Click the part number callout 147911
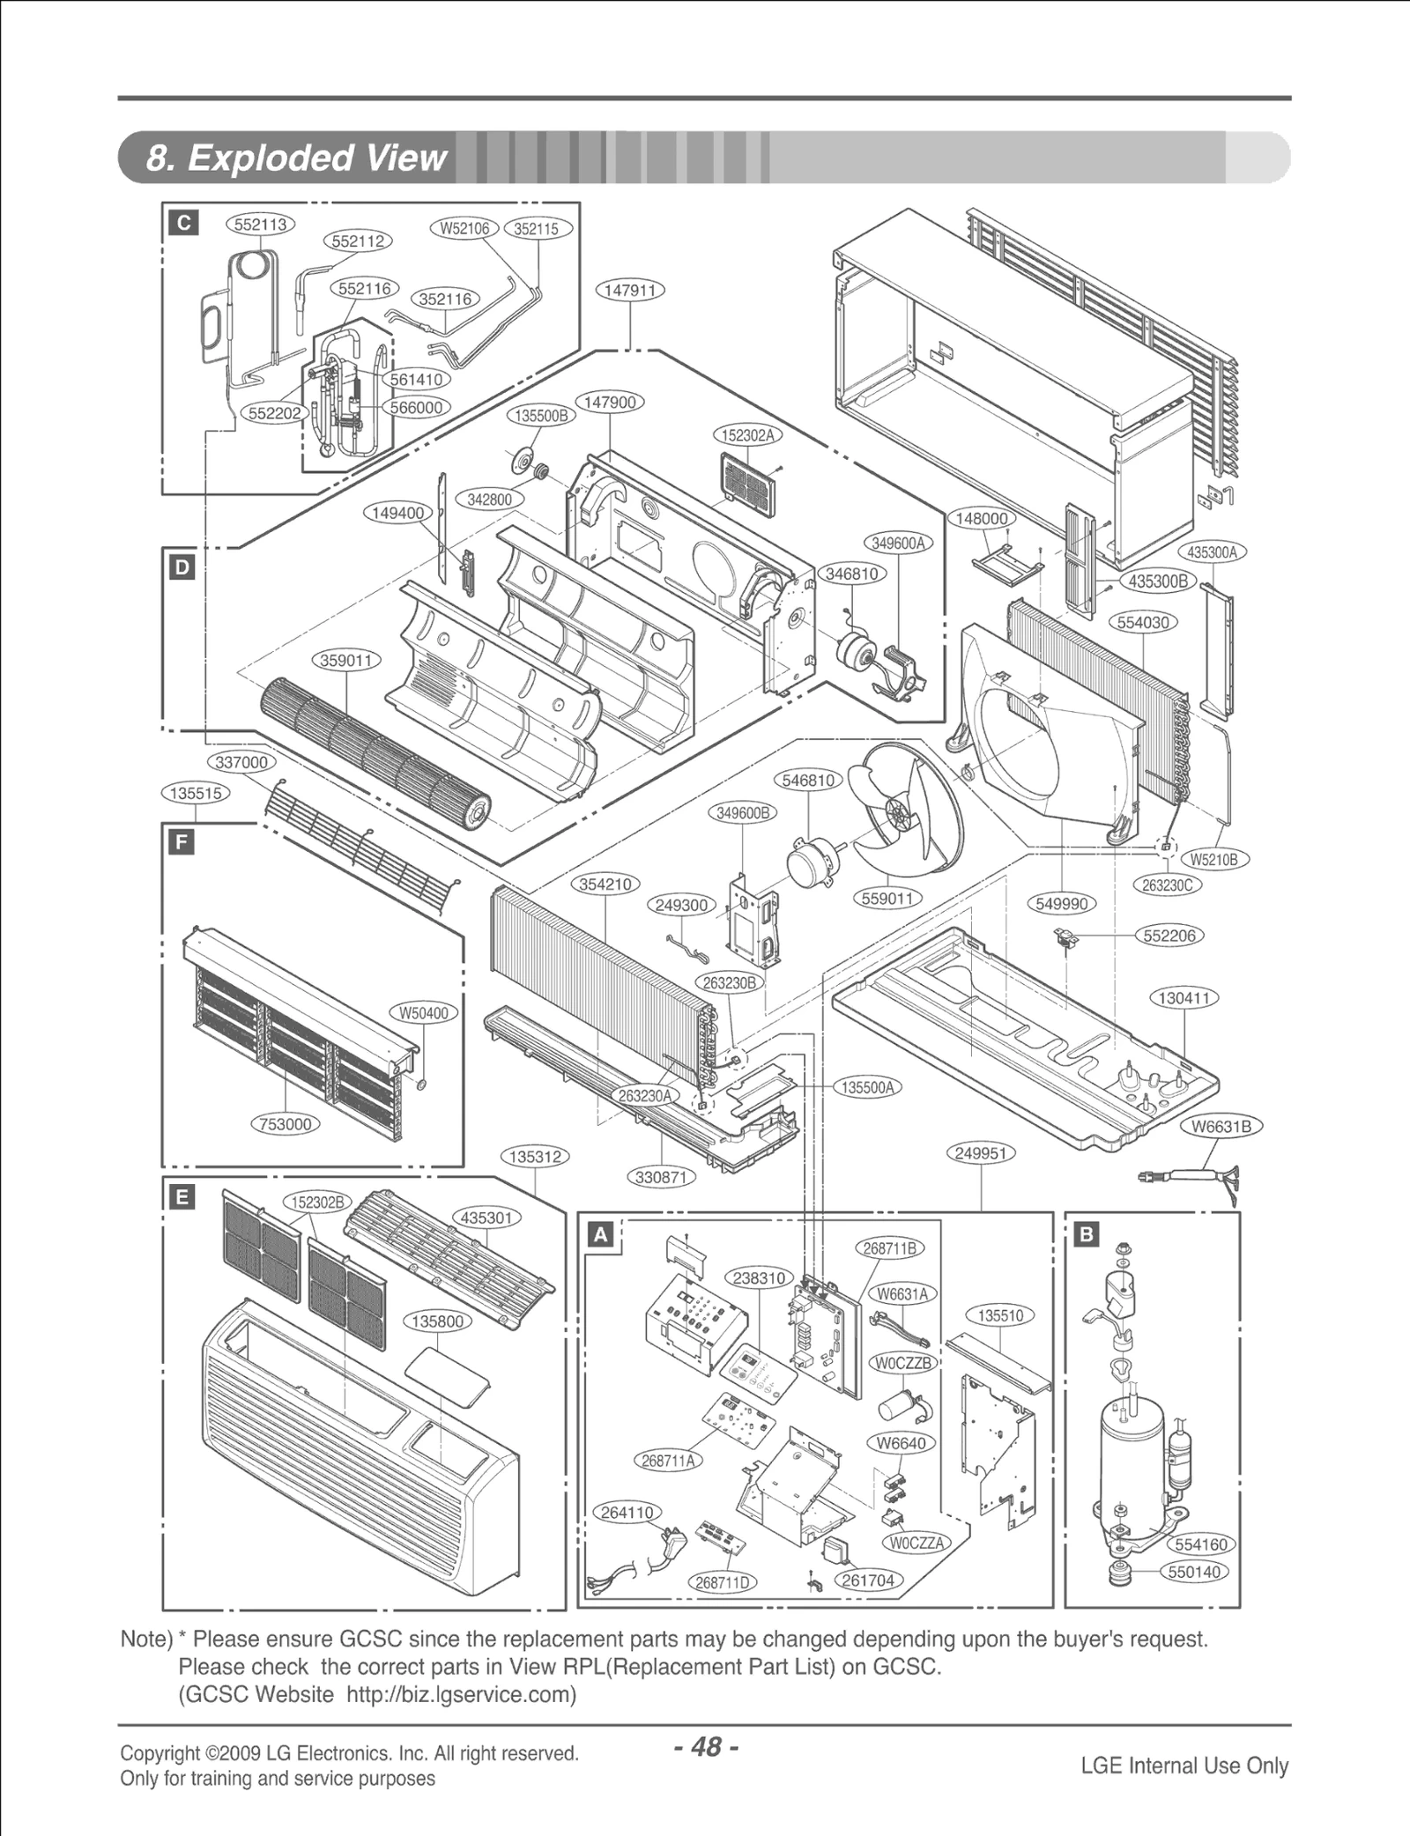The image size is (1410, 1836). coord(630,291)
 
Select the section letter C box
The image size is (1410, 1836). coord(184,223)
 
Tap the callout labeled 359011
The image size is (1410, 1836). coord(345,661)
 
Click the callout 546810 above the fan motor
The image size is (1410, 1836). coord(808,781)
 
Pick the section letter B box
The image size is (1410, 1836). coord(1086,1234)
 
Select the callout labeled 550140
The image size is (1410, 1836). coord(1194,1596)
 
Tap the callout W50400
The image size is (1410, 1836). coord(424,1013)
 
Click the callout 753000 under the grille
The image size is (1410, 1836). coord(286,1124)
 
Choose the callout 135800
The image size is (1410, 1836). coord(438,1321)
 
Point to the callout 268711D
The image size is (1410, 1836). coord(722,1607)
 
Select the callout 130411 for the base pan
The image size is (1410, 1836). coord(1184,998)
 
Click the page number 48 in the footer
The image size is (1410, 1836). coord(705,1746)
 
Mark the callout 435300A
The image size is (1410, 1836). coord(1212,552)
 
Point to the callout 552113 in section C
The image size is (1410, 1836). coord(261,225)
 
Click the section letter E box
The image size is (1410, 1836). coord(182,1197)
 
